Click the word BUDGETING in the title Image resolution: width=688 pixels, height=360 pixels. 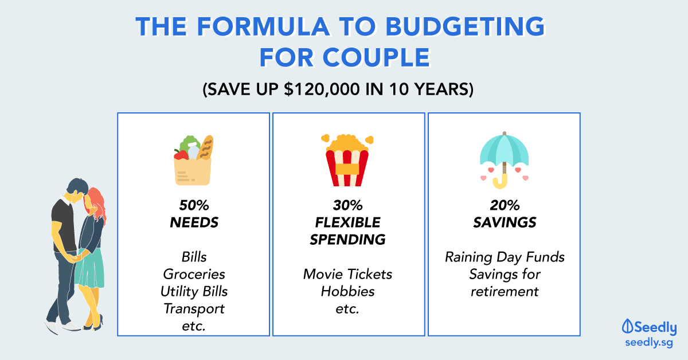point(465,26)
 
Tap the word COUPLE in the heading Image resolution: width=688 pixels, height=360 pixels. point(376,57)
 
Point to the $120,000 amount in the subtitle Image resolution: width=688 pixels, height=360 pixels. point(322,89)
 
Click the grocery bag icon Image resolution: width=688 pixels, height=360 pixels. point(193,161)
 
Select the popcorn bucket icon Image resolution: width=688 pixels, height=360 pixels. point(347,160)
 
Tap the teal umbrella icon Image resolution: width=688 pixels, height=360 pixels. point(504,160)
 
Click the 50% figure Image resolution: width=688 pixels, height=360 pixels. point(194,205)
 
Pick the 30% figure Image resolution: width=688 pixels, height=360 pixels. point(347,205)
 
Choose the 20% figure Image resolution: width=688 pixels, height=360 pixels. point(505,205)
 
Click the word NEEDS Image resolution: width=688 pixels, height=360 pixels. point(194,222)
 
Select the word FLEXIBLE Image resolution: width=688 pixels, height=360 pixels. point(347,222)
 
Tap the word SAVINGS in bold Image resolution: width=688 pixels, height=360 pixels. point(505,222)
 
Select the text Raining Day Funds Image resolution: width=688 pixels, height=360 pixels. point(505,257)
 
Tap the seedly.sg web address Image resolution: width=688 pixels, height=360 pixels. point(649,342)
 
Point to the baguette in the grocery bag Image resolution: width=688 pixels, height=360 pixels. point(205,147)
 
